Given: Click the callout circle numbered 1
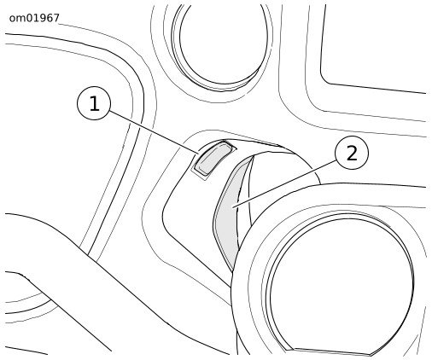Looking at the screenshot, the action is coord(94,103).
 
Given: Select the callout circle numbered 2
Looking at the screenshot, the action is coord(352,153).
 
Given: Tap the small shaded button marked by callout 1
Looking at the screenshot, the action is coord(213,158).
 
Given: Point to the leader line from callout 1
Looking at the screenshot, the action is coord(154,132).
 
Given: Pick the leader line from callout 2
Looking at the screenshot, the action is coord(285,183).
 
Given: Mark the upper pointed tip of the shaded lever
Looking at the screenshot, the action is coord(254,156).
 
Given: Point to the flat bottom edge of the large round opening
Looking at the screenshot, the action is coord(332,351).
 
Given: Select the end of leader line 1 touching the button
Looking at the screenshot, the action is coord(198,154).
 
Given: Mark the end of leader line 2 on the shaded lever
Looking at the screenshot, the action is coord(233,207).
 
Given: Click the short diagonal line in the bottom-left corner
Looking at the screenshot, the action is coord(26,351).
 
